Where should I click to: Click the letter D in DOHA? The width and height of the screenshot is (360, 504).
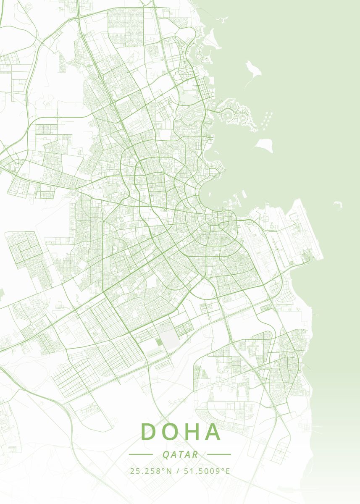click(x=149, y=432)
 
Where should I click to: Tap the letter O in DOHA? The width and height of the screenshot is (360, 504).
click(x=172, y=432)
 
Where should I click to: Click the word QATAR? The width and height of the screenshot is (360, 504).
click(x=180, y=454)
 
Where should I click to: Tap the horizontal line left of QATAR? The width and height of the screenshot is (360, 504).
click(x=141, y=454)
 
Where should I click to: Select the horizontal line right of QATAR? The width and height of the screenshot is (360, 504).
click(x=219, y=454)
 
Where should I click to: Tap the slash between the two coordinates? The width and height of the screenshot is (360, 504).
click(x=178, y=471)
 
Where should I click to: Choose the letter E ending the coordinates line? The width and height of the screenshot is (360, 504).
click(x=228, y=471)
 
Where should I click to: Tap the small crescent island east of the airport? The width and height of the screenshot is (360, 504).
click(x=337, y=205)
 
